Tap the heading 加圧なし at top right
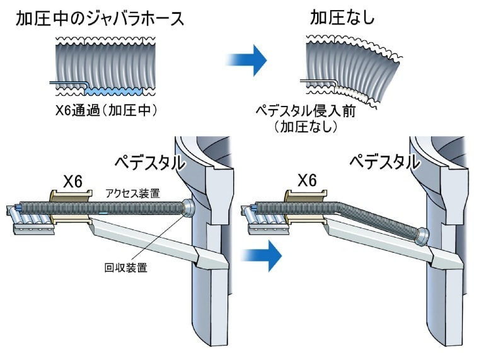(342, 18)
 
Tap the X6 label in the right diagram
(307, 181)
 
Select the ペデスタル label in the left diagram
(149, 163)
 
